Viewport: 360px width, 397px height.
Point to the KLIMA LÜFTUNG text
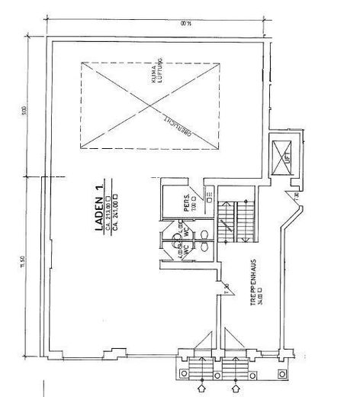pyautogui.click(x=159, y=69)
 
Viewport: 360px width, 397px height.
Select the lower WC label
pyautogui.click(x=183, y=249)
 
